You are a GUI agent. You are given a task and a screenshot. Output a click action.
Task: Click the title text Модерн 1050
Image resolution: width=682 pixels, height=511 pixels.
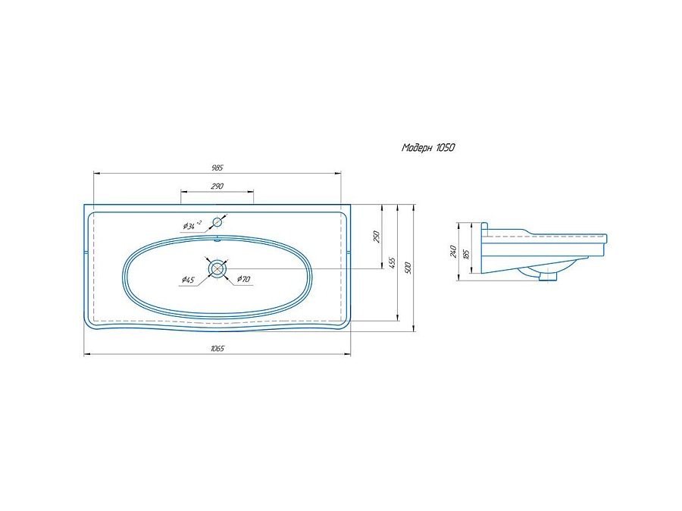(x=428, y=148)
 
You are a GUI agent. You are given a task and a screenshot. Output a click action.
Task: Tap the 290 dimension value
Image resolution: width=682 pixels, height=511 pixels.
(x=217, y=186)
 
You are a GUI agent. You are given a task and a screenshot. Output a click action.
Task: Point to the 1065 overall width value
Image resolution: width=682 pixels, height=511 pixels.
(x=217, y=349)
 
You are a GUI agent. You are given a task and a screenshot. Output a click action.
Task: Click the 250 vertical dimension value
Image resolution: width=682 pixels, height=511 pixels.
(x=377, y=237)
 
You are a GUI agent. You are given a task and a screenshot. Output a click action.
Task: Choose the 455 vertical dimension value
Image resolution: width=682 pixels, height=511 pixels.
(x=393, y=263)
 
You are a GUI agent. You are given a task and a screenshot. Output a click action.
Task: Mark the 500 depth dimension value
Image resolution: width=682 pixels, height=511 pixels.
(x=408, y=268)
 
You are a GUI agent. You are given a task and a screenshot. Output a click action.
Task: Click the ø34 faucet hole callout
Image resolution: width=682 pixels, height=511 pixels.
(x=192, y=225)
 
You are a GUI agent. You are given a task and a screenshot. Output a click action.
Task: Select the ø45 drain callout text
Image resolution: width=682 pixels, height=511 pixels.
(x=188, y=280)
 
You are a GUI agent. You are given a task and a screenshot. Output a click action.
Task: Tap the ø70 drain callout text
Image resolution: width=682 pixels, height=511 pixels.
(x=243, y=279)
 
